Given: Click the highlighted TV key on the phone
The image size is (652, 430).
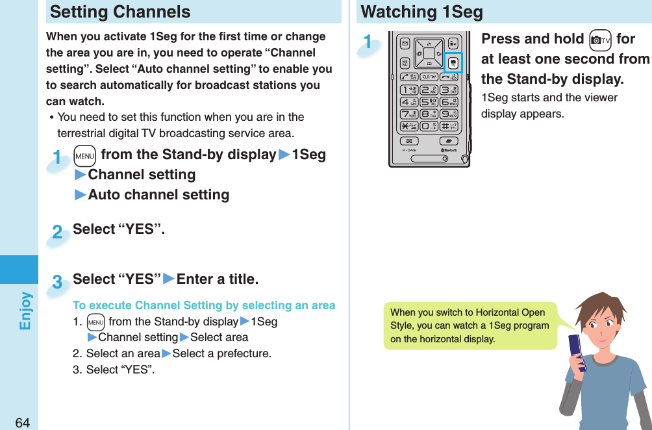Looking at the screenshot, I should [453, 62].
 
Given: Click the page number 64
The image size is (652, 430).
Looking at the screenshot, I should [22, 422].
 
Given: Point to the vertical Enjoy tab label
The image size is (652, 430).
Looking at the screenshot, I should [25, 310].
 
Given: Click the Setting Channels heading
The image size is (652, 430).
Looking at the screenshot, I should [120, 12].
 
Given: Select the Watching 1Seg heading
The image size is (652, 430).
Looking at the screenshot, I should [421, 12].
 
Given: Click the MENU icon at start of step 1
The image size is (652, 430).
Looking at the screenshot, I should [85, 155].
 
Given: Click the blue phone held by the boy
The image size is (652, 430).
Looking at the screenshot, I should [577, 353].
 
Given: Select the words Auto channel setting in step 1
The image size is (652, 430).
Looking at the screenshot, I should [158, 195].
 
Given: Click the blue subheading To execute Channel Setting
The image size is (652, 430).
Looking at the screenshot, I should [204, 305].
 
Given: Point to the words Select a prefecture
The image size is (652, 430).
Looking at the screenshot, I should [221, 354].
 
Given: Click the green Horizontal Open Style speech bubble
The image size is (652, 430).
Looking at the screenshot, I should [470, 325].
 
